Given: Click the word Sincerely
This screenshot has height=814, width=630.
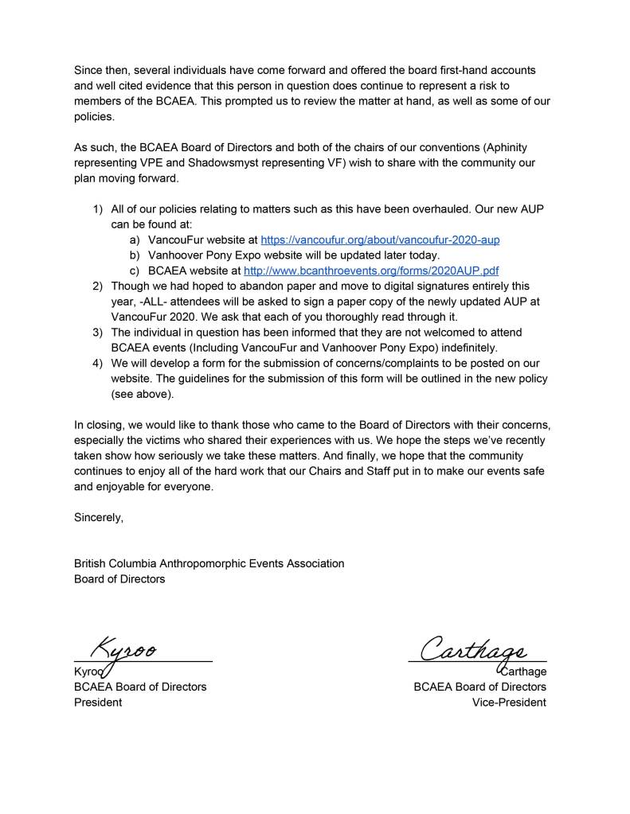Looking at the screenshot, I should coord(99,518).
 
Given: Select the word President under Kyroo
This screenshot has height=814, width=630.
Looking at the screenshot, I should coord(98,703).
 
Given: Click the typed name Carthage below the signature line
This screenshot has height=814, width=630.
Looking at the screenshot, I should coord(523,672).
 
